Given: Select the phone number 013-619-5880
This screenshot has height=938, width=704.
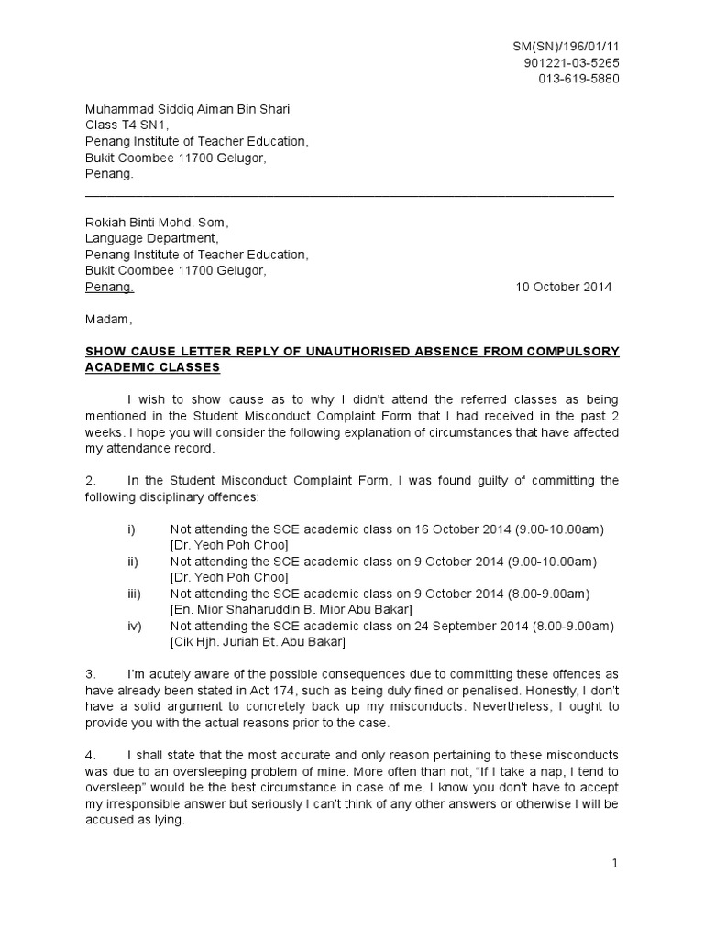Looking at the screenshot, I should [x=578, y=79].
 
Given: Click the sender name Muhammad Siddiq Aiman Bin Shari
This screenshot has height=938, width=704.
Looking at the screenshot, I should [x=187, y=110].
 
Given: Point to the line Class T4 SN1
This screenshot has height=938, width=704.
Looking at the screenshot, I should [x=126, y=125].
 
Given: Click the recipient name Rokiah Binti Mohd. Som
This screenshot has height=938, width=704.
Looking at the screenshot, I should [x=156, y=223].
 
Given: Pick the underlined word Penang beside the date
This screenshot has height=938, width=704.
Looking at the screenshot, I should [x=109, y=287].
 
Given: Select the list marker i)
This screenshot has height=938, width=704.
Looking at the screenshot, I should [x=132, y=530].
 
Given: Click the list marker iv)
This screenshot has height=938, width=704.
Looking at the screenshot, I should [x=134, y=626].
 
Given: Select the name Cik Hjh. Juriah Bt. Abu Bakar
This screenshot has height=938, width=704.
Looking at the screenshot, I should [x=258, y=642].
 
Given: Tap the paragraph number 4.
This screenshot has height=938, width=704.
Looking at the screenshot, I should [x=90, y=755].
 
